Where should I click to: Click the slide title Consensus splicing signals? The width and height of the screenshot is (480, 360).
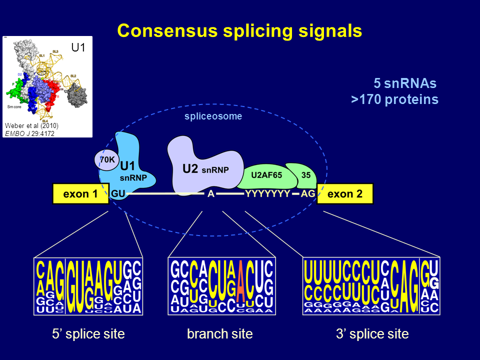pyautogui.click(x=239, y=31)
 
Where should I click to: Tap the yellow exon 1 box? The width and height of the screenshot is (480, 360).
pyautogui.click(x=80, y=194)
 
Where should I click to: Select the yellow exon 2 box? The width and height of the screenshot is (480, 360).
pyautogui.click(x=344, y=194)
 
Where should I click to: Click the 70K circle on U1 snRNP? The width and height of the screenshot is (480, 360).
pyautogui.click(x=106, y=160)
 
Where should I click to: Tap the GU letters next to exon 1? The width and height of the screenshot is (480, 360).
pyautogui.click(x=118, y=193)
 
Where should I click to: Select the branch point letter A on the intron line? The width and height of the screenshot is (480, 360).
pyautogui.click(x=211, y=194)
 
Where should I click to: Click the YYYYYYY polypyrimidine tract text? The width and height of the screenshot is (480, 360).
pyautogui.click(x=267, y=194)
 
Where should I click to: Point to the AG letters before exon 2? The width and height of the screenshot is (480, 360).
pyautogui.click(x=308, y=194)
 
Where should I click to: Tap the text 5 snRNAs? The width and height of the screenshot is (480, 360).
pyautogui.click(x=405, y=83)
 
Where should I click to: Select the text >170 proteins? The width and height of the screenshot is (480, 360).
pyautogui.click(x=394, y=99)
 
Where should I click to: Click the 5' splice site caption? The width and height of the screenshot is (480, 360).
pyautogui.click(x=88, y=334)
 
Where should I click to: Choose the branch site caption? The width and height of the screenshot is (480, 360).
pyautogui.click(x=219, y=334)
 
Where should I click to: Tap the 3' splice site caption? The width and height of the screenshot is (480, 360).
pyautogui.click(x=372, y=334)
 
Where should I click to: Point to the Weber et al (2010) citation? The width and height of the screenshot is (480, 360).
pyautogui.click(x=31, y=126)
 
